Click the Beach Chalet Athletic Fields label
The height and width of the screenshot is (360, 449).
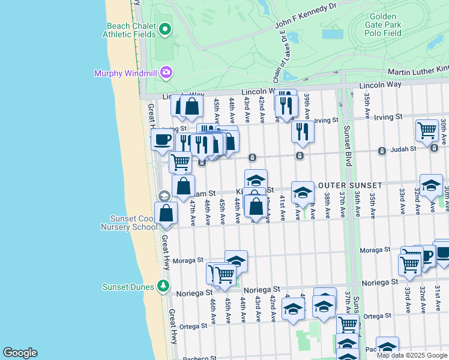tap(131, 30)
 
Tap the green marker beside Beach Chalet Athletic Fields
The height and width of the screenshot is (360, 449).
tap(164, 29)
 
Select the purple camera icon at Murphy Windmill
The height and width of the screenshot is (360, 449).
tap(166, 73)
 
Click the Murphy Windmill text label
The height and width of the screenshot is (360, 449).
tap(125, 73)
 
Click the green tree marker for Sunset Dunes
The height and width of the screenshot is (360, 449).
tap(163, 286)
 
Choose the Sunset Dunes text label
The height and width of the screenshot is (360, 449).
tap(128, 286)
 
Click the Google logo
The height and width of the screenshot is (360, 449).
tap(20, 353)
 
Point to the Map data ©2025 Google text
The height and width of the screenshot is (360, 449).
tap(412, 355)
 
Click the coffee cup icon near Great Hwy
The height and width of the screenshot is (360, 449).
tap(161, 140)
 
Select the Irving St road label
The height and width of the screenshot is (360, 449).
tap(327, 120)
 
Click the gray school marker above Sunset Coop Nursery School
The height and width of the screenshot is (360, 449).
tap(164, 196)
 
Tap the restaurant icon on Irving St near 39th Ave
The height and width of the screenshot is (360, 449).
tap(303, 131)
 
